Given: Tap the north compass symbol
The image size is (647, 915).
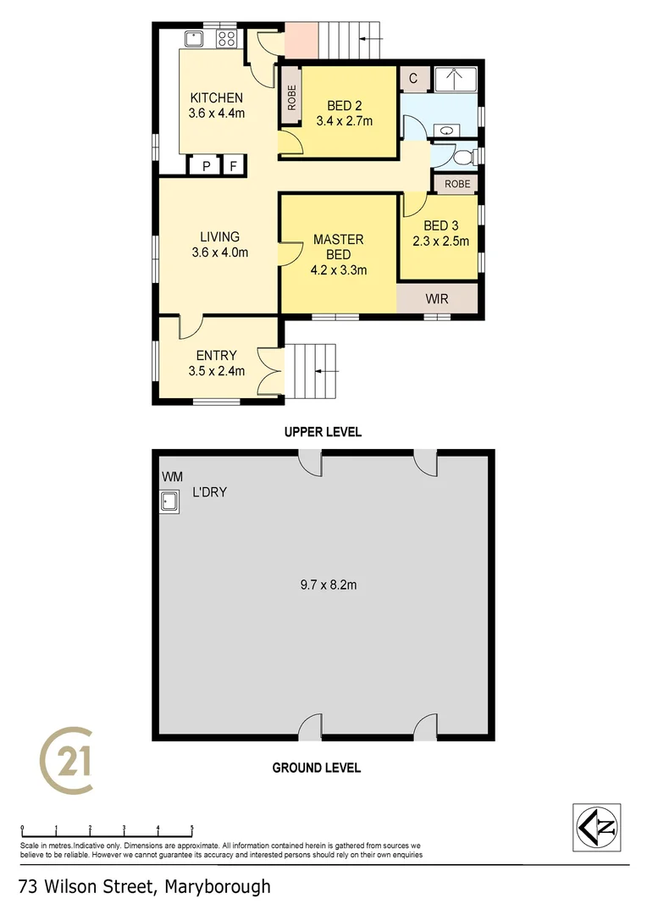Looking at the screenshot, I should (597, 827).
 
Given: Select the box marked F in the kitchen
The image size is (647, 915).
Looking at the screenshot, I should (233, 166).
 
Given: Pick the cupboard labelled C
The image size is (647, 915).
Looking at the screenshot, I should (413, 79).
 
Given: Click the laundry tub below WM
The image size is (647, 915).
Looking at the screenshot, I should (169, 502).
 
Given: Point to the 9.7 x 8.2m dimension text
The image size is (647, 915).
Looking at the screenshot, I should (323, 584).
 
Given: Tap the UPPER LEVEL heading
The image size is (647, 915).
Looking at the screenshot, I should (322, 432).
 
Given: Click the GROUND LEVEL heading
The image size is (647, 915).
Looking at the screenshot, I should (316, 768).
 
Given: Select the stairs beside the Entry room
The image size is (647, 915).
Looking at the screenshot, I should (311, 370).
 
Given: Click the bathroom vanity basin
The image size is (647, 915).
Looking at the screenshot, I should (445, 130).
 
